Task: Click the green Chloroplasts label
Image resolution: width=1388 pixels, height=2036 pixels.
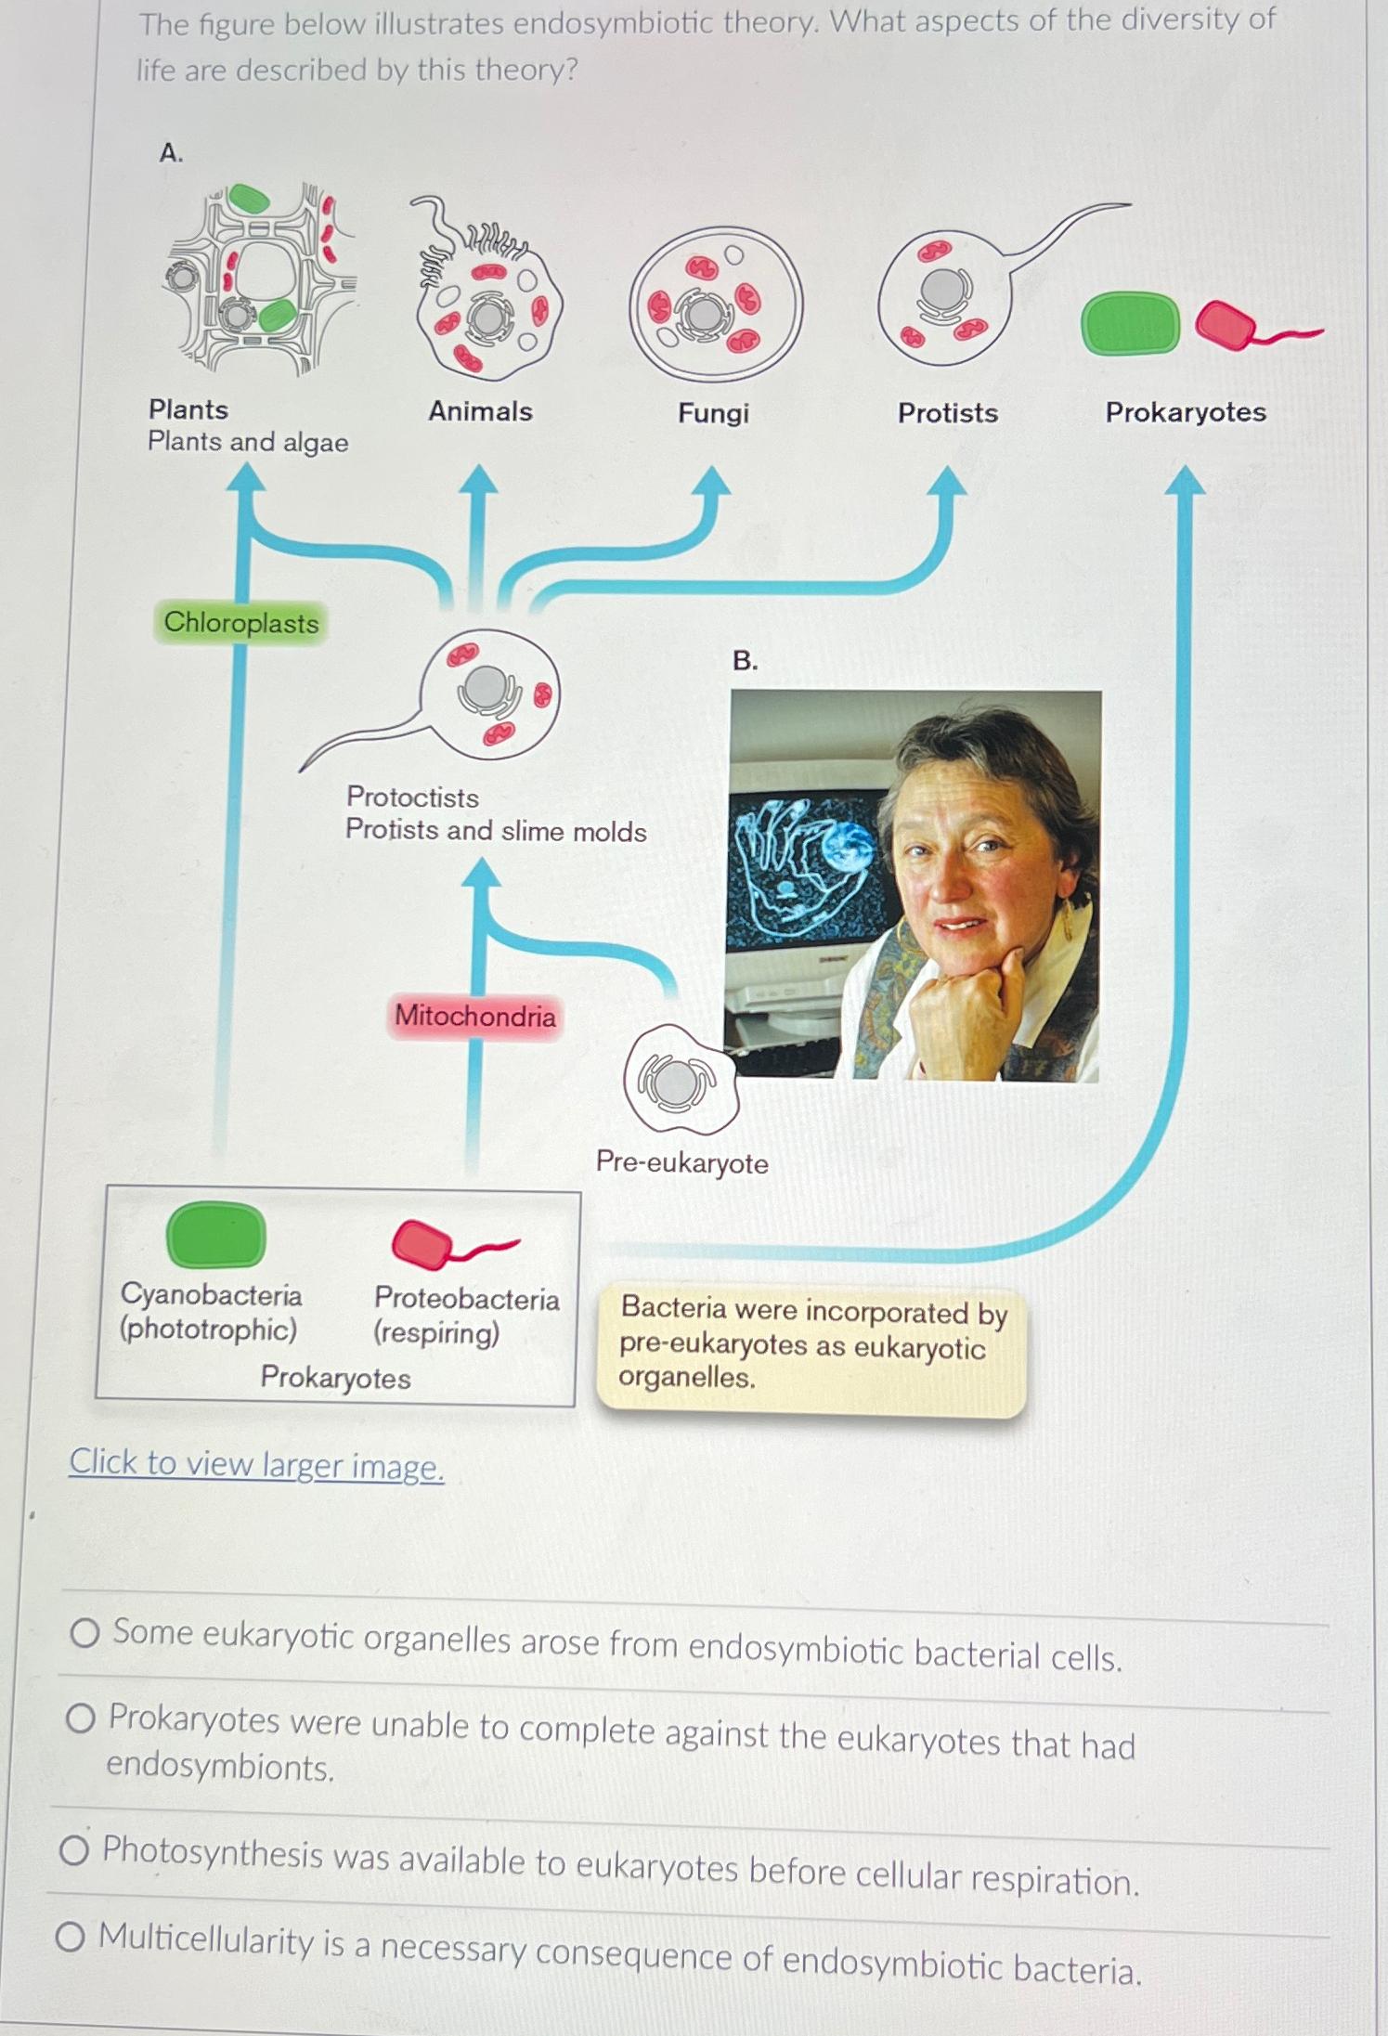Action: [240, 623]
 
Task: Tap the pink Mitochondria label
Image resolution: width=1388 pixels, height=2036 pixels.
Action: [475, 1016]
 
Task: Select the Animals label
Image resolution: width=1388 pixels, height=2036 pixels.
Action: [480, 411]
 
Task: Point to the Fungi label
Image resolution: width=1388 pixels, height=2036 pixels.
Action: [713, 413]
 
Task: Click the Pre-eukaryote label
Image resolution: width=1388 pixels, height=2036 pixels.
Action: [682, 1162]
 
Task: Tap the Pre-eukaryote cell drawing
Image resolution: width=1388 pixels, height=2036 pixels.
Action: [679, 1080]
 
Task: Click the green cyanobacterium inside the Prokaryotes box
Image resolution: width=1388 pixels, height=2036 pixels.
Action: [215, 1235]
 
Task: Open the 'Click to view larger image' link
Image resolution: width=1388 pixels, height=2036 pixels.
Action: [256, 1464]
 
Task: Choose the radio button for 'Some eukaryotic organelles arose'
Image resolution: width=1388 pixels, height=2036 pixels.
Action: [84, 1633]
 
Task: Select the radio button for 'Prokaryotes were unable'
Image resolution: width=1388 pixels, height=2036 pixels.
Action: [81, 1718]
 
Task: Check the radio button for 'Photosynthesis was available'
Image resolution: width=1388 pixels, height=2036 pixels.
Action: [74, 1850]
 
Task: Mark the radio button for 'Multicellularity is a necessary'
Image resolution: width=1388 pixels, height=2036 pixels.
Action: [71, 1937]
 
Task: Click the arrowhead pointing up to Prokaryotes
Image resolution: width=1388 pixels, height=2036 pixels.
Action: [1185, 480]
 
